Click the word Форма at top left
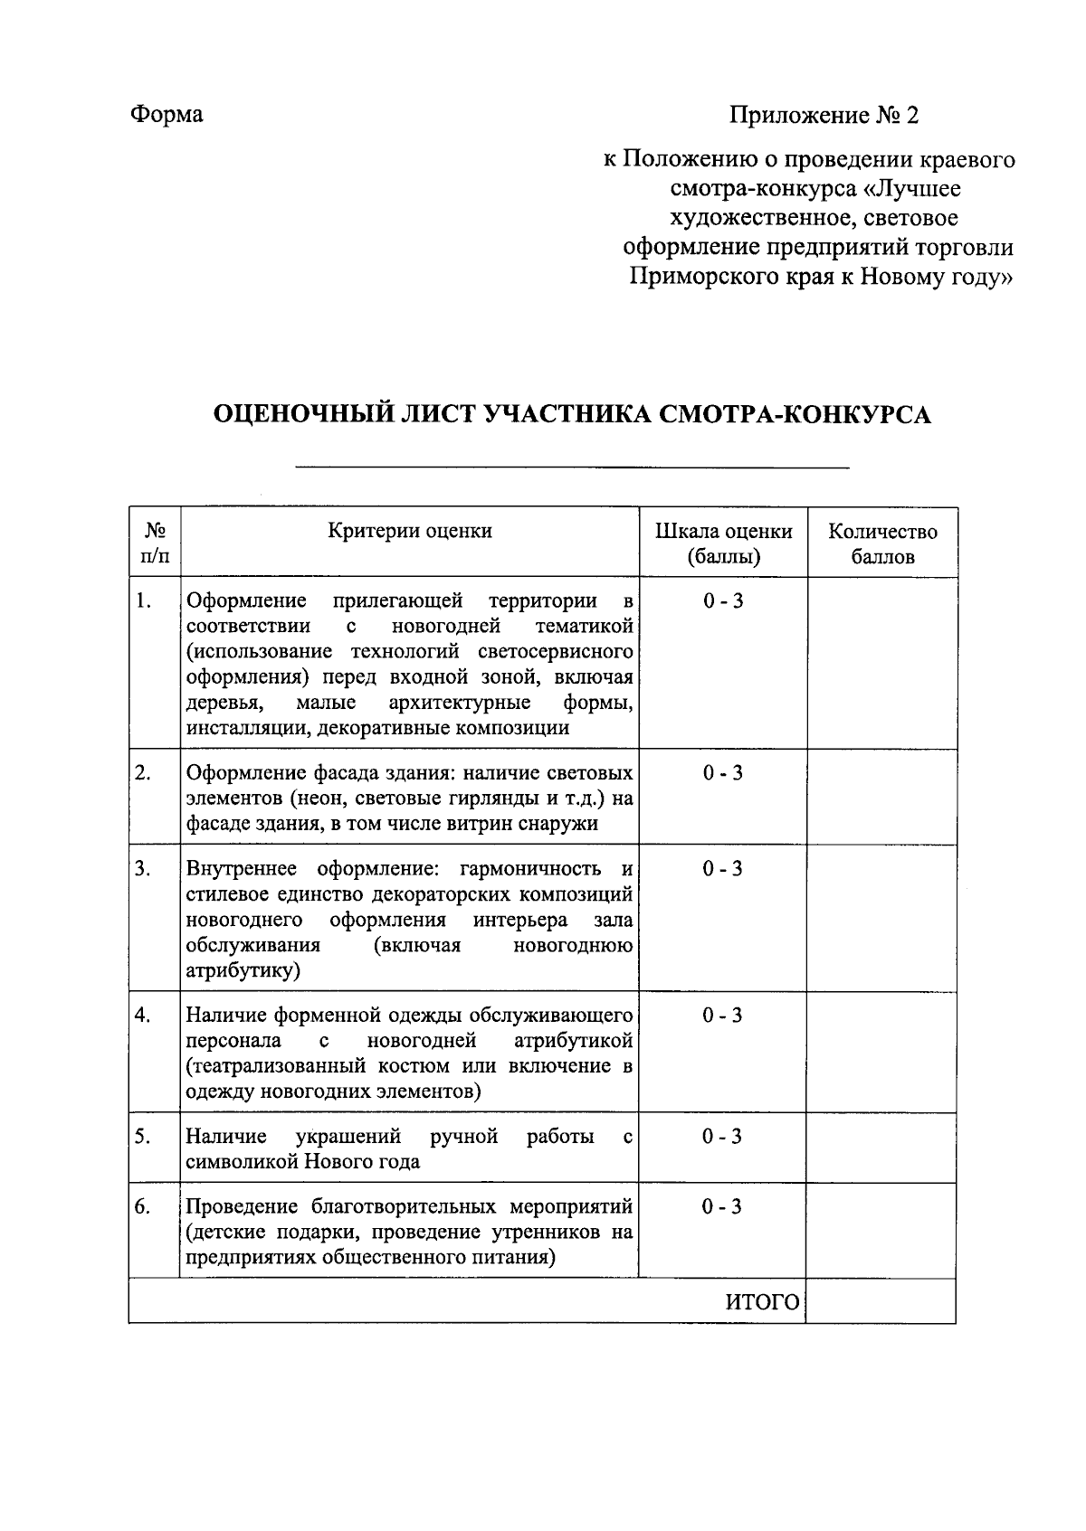pyautogui.click(x=167, y=114)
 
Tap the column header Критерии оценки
pyautogui.click(x=409, y=531)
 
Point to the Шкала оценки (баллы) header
pyautogui.click(x=723, y=543)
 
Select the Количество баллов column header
pyautogui.click(x=882, y=543)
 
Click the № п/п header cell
pyautogui.click(x=155, y=543)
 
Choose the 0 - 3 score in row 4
pyautogui.click(x=722, y=1016)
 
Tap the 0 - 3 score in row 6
pyautogui.click(x=722, y=1206)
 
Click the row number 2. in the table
pyautogui.click(x=142, y=773)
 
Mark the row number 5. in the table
pyautogui.click(x=142, y=1137)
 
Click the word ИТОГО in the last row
pyautogui.click(x=763, y=1302)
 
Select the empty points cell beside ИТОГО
pyautogui.click(x=881, y=1301)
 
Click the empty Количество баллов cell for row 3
pyautogui.click(x=881, y=919)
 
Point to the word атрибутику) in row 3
pyautogui.click(x=243, y=971)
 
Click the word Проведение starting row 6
pyautogui.click(x=242, y=1207)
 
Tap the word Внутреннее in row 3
pyautogui.click(x=242, y=869)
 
